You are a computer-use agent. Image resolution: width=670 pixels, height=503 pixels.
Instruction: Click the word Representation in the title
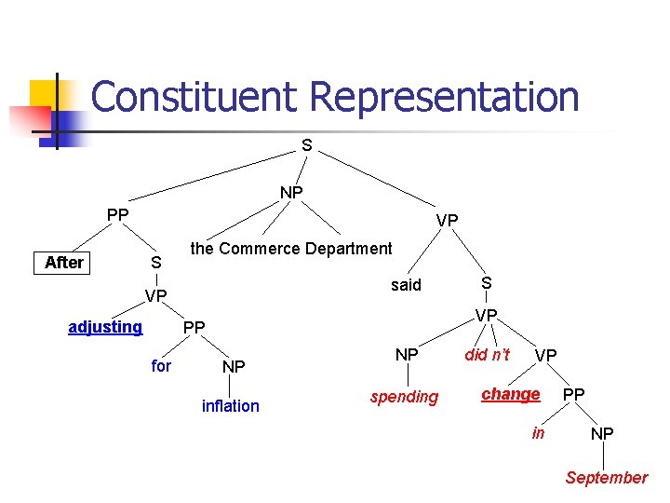click(x=444, y=97)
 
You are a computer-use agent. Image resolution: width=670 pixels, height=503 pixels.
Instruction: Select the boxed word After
click(x=64, y=263)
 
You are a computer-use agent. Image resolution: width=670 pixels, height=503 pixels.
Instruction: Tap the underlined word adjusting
click(x=105, y=327)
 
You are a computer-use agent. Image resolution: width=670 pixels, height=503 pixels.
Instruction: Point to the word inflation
click(x=231, y=406)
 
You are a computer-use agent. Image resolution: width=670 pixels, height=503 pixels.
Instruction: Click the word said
click(x=406, y=285)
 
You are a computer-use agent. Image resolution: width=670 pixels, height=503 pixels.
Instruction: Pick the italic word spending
click(x=404, y=397)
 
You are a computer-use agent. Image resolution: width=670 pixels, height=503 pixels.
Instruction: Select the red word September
click(x=606, y=478)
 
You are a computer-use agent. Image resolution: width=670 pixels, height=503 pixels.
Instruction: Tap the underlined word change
click(x=510, y=394)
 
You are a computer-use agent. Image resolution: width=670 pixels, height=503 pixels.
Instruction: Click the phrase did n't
click(x=488, y=355)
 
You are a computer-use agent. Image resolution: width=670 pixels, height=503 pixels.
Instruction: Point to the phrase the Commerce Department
click(x=291, y=249)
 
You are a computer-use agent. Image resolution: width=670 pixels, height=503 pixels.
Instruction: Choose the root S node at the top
click(x=307, y=145)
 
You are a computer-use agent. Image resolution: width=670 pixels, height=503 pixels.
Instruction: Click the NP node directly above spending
click(x=407, y=355)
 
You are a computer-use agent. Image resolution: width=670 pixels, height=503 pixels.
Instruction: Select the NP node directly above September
click(x=602, y=434)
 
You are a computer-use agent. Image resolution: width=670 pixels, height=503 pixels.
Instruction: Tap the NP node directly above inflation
click(x=234, y=368)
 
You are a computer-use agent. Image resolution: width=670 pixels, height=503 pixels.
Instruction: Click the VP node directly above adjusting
click(x=155, y=296)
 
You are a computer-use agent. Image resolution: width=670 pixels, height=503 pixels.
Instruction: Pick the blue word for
click(x=161, y=366)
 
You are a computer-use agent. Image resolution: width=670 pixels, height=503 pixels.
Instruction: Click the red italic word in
click(x=538, y=433)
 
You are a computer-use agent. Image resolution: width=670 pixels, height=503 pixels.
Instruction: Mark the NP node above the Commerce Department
click(x=291, y=193)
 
